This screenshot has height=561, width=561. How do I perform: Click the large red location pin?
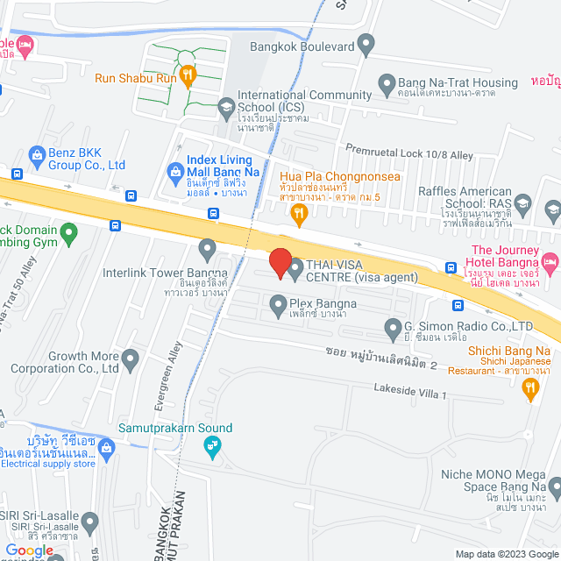tap(280, 263)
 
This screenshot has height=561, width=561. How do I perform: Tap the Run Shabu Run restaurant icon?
tap(187, 78)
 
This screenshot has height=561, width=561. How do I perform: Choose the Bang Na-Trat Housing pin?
tap(387, 83)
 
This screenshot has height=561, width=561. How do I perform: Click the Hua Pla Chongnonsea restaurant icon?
tap(300, 212)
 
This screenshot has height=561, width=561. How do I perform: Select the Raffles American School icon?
tap(523, 203)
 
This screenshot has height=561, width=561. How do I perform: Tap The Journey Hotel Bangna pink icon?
tap(550, 260)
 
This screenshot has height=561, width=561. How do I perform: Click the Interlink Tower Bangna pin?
tap(208, 250)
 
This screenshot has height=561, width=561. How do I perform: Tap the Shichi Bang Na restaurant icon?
tap(529, 392)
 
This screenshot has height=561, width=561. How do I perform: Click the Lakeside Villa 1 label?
tap(410, 393)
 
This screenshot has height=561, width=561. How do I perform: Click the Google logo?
tap(29, 550)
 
